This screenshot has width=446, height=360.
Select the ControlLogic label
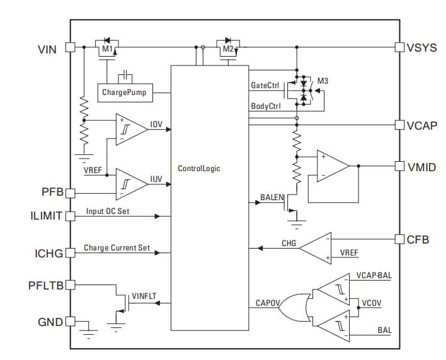(x=199, y=169)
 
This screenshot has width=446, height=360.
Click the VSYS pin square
(x=399, y=47)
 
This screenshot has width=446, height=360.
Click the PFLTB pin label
(x=46, y=284)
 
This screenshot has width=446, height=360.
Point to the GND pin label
(x=49, y=322)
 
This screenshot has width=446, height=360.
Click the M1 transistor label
(x=107, y=49)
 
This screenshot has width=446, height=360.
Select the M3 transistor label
(x=323, y=82)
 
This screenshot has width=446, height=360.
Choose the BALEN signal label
(x=272, y=198)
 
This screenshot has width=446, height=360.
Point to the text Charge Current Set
(x=115, y=249)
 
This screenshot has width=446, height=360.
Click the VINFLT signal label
(x=143, y=296)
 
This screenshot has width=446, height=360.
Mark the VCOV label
(x=371, y=303)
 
